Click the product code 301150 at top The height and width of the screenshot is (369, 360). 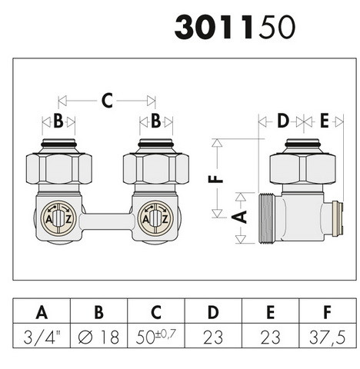pyautogui.click(x=235, y=27)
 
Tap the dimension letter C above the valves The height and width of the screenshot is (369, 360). pyautogui.click(x=107, y=101)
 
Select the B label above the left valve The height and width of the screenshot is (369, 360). pyautogui.click(x=58, y=121)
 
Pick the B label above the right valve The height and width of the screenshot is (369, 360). pyautogui.click(x=156, y=121)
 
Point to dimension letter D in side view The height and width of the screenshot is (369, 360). pyautogui.click(x=283, y=121)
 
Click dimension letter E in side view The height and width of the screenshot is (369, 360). pyautogui.click(x=325, y=121)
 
